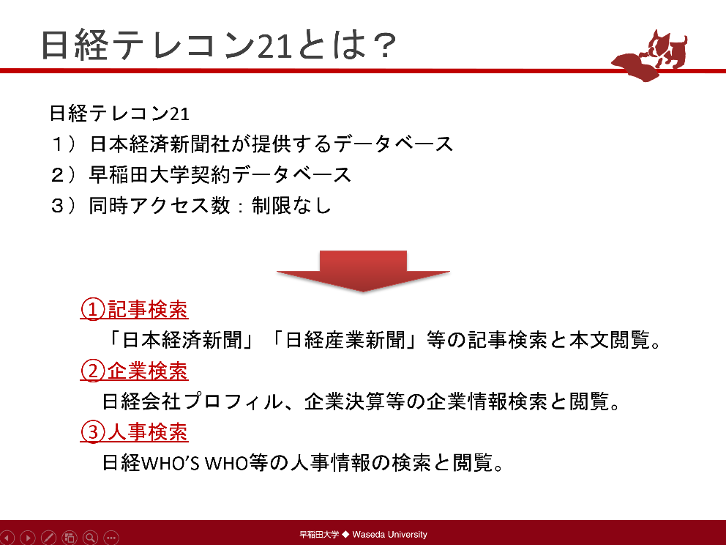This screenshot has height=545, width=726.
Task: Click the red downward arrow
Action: coord(363,271)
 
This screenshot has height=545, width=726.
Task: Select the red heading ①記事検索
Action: coord(134,309)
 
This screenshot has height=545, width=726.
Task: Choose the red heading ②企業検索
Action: coord(134,371)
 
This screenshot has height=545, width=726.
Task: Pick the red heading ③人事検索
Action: coord(134,432)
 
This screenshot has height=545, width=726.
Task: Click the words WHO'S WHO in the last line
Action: coord(194,463)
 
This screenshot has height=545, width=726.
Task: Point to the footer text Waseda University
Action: coord(389,534)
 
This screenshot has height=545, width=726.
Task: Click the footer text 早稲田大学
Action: coord(320,534)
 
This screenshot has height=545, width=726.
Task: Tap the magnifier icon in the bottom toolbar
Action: coord(90,538)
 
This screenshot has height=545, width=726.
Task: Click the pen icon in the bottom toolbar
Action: coord(48,538)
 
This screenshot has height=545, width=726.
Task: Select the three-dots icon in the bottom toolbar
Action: coord(111,538)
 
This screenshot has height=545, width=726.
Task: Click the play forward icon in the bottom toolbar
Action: coord(28,538)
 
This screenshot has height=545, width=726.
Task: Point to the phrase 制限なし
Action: coord(292,205)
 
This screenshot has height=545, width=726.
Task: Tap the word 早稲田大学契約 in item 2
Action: coord(160,175)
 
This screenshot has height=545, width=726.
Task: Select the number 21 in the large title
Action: coord(274,46)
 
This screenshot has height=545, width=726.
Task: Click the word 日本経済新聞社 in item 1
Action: coord(160,144)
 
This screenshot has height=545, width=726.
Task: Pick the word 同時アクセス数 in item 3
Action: coord(160,205)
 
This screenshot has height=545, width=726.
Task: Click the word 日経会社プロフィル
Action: coord(192,401)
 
